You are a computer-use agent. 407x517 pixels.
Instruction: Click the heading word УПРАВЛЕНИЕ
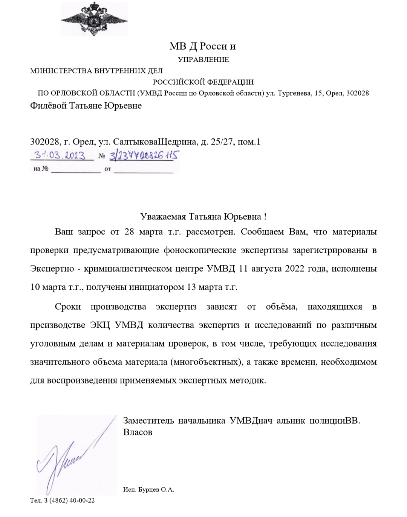tap(203, 59)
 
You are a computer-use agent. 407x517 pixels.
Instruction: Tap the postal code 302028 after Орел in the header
tap(357, 93)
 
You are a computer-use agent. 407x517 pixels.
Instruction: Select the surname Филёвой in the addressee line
tap(48, 106)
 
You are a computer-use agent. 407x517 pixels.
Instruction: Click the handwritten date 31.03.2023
tap(60, 155)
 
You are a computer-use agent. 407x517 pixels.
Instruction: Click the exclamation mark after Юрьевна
tap(265, 217)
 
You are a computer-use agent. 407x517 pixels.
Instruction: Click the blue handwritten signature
tap(72, 459)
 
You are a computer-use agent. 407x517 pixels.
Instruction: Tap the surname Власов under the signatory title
tap(138, 432)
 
